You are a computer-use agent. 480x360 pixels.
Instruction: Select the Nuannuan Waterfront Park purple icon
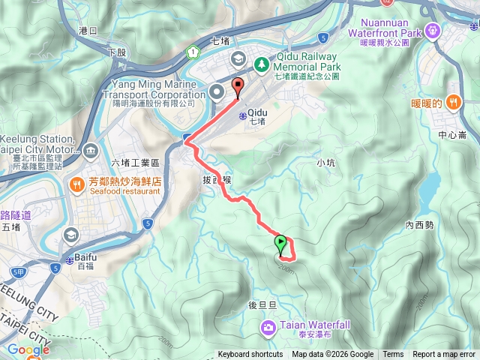coord(433,31)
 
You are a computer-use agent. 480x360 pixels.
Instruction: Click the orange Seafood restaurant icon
coord(76,184)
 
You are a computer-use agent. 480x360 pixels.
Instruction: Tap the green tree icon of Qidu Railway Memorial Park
coord(261,65)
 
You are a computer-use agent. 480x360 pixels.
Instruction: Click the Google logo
coord(28,349)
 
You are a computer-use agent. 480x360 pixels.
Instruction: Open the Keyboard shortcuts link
coord(250,355)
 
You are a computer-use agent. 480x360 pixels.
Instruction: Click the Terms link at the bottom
coord(393,355)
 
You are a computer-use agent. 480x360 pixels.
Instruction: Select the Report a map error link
coord(445,355)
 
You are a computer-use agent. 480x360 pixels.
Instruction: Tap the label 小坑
coord(325,162)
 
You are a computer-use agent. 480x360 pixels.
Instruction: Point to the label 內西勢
coord(419,224)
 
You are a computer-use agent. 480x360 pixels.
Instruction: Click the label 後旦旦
coord(263,304)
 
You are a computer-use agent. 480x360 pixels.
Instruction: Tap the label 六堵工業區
coord(136,163)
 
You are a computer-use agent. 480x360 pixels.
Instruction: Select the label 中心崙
coord(452,135)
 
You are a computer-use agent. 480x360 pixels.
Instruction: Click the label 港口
coord(88,31)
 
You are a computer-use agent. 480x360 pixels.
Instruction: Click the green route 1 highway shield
coord(193,52)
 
